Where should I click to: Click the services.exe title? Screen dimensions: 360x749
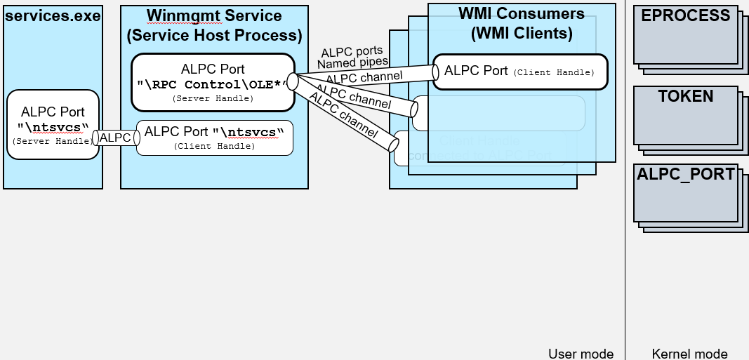point(53,15)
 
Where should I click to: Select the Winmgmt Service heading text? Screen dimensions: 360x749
point(214,16)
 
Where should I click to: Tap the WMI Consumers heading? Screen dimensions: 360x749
point(521,14)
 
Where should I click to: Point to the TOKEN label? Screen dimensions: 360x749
point(685,97)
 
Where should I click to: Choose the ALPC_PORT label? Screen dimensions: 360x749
point(686,175)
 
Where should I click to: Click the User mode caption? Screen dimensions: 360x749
point(581,354)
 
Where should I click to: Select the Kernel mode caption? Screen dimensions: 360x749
point(689,354)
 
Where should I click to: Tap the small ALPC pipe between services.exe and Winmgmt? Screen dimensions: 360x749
point(116,138)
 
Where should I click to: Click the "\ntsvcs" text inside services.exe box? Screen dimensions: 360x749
point(53,127)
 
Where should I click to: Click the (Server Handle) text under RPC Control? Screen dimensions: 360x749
point(213,100)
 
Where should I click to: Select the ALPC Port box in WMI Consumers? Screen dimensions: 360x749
point(519,71)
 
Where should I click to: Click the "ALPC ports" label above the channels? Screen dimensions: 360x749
point(352,52)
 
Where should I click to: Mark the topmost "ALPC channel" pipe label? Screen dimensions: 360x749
point(364,76)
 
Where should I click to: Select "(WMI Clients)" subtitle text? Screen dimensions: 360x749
point(521,33)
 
